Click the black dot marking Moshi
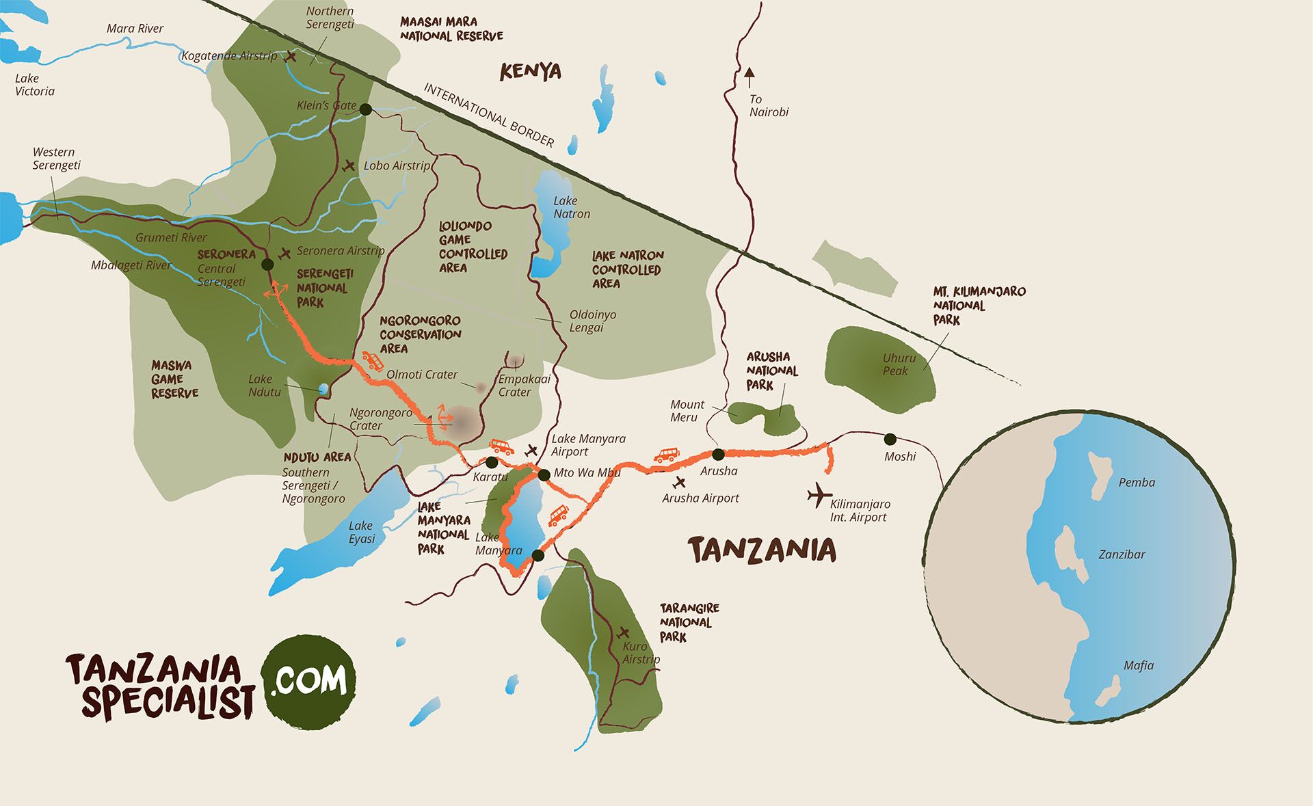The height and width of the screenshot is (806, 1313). pos(890,439)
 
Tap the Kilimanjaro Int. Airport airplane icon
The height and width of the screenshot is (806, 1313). pos(819,495)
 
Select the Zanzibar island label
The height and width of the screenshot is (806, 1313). pos(1122,554)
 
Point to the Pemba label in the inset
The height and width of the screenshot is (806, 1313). pos(1137,483)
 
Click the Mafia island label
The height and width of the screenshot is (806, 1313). pos(1138,665)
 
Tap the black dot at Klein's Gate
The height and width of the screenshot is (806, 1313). pos(365,109)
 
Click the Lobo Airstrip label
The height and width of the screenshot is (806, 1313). pos(397,165)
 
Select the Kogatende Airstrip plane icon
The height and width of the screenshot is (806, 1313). pos(291,56)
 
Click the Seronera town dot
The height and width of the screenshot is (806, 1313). pos(267,265)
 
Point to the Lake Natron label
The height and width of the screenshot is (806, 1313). pos(572,207)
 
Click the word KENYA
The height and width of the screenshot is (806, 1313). pos(530,71)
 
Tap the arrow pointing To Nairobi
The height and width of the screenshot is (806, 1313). pos(750,77)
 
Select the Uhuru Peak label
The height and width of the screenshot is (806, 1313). pos(899,364)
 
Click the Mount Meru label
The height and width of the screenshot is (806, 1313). pos(687,411)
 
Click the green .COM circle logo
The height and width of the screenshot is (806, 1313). pos(309,680)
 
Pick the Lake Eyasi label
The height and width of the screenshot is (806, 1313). pos(361,532)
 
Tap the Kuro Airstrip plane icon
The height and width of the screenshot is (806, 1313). pos(623,632)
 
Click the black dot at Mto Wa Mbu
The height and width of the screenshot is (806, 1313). pos(544,474)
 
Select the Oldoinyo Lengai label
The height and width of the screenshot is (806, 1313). pos(592,321)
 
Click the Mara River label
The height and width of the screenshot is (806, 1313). pos(135,29)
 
